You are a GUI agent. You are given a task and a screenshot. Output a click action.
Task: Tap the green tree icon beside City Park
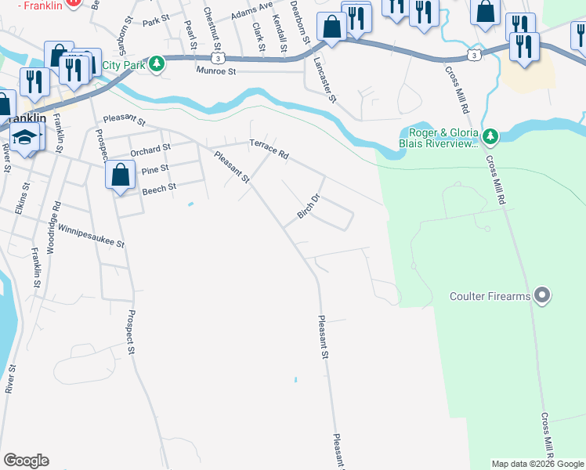click(x=157, y=63)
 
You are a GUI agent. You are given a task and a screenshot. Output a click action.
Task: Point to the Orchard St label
click(x=150, y=149)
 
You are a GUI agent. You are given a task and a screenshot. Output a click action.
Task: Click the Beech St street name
click(x=159, y=188)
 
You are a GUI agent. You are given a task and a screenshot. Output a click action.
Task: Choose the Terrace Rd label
click(x=269, y=149)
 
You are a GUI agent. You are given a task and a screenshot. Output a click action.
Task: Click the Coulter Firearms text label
click(x=490, y=296)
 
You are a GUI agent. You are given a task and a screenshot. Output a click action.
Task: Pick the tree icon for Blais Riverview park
click(x=490, y=137)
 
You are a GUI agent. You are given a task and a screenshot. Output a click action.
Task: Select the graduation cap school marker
click(x=26, y=137)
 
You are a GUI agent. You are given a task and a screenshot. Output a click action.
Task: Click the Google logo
click(x=26, y=461)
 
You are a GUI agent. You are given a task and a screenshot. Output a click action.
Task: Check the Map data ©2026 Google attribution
click(x=537, y=464)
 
